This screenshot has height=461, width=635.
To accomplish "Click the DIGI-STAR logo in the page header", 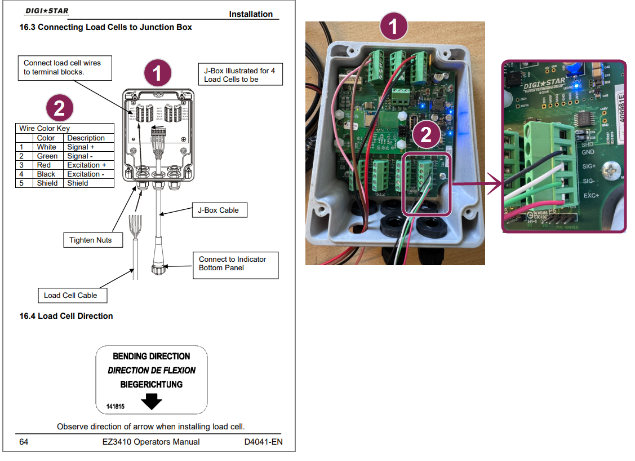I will click(47, 11).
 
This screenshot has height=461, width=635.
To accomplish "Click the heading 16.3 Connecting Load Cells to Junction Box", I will click(105, 27).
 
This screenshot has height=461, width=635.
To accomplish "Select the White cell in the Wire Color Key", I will click(47, 147).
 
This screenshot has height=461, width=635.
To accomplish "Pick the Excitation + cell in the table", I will click(87, 165).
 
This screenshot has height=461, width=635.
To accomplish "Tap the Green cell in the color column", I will click(47, 156).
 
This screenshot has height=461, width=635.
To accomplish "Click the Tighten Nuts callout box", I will click(90, 240).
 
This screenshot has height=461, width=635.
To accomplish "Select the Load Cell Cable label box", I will click(70, 295).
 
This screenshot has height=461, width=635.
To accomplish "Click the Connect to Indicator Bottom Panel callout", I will click(236, 264).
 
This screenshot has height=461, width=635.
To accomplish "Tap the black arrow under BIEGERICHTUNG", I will click(151, 401).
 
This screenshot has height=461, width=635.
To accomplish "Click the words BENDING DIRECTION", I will click(152, 356).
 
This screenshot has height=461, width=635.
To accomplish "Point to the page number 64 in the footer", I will click(24, 442).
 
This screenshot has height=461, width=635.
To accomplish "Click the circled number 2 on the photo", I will click(426, 134).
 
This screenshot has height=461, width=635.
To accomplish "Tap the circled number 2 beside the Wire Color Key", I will click(59, 108).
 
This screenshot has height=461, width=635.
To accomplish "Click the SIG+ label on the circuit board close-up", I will click(589, 166).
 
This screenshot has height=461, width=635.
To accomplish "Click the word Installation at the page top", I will click(251, 14).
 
